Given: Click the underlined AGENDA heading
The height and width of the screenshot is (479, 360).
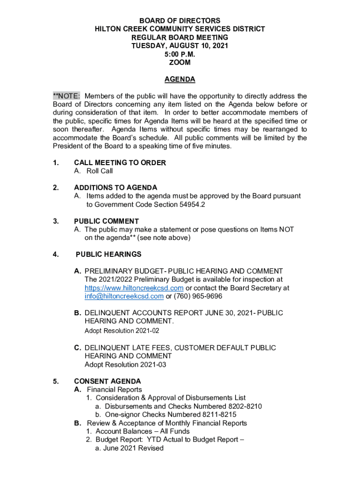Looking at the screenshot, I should pyautogui.click(x=180, y=80).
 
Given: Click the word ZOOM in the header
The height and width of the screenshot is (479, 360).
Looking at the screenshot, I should pyautogui.click(x=180, y=63).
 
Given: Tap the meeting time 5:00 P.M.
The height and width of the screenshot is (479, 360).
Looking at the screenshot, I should pyautogui.click(x=180, y=54).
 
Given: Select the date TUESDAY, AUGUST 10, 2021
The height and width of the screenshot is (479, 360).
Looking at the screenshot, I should pyautogui.click(x=180, y=46).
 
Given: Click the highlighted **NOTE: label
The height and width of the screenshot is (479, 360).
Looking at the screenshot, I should pyautogui.click(x=66, y=96).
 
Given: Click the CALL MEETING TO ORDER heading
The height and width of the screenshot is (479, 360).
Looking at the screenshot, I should pyautogui.click(x=120, y=163).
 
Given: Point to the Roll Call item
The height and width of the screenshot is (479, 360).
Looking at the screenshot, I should pyautogui.click(x=99, y=171).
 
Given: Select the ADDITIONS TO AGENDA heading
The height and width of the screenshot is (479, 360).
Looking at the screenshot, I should pyautogui.click(x=115, y=188).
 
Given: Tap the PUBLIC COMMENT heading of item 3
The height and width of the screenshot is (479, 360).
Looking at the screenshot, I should pyautogui.click(x=106, y=221).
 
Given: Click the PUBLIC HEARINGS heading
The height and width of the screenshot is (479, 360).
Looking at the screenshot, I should pyautogui.click(x=108, y=254).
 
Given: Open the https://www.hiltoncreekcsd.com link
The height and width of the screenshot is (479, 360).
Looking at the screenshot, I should pyautogui.click(x=134, y=288).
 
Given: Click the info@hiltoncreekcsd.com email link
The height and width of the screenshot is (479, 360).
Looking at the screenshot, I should pyautogui.click(x=124, y=297).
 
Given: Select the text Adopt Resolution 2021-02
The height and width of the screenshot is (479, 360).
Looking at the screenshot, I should pyautogui.click(x=122, y=331).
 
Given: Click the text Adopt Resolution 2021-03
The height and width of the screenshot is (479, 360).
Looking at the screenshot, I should pyautogui.click(x=125, y=364).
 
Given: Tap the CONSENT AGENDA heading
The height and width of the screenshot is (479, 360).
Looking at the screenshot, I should pyautogui.click(x=107, y=381).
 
